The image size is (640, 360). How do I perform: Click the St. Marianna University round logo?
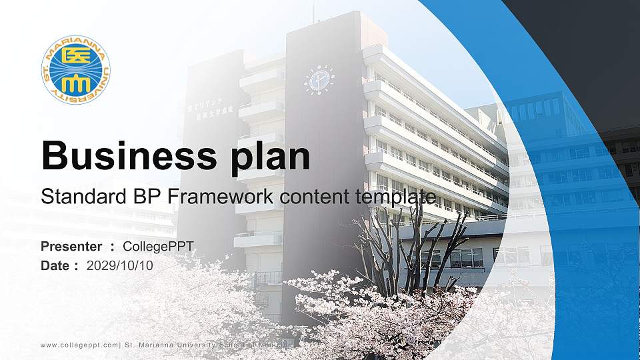(x=75, y=70)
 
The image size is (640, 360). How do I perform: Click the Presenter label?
(x=71, y=247)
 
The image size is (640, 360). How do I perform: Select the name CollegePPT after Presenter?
(x=159, y=247)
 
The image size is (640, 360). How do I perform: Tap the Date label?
(x=55, y=265)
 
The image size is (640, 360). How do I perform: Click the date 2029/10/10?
(x=120, y=265)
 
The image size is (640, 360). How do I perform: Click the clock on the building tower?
(x=319, y=80)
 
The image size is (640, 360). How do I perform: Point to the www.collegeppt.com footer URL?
(x=79, y=345)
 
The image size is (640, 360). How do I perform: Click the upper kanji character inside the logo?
(x=76, y=59)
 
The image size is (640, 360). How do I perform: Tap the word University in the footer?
(x=199, y=345)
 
